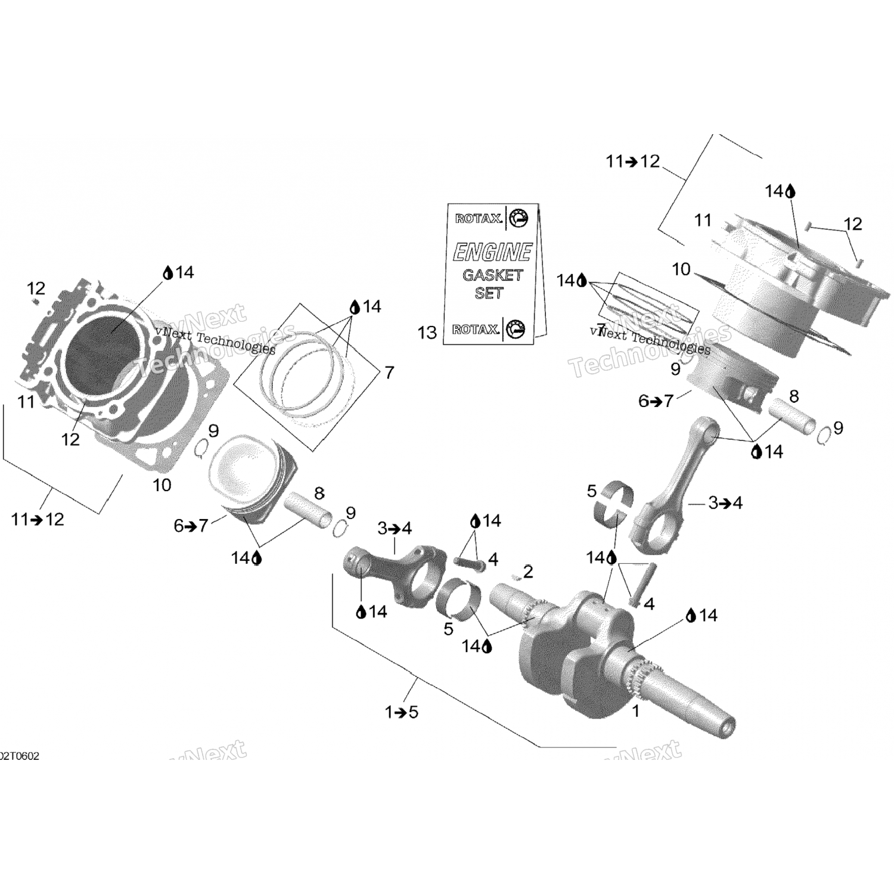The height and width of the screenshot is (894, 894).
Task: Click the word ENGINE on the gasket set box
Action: (492, 253)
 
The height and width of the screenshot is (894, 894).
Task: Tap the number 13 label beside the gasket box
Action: (427, 333)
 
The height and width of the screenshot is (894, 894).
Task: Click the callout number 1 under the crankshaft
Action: (635, 710)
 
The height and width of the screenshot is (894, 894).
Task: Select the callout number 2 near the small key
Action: (527, 572)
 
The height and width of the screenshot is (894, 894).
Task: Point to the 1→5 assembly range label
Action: (402, 712)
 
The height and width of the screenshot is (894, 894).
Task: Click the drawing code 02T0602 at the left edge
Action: (20, 756)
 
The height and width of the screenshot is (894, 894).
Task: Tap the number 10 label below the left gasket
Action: (162, 485)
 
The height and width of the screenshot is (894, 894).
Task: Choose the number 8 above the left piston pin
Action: (319, 493)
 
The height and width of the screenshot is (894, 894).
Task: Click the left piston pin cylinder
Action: (308, 510)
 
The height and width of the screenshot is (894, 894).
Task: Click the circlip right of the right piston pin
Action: (824, 437)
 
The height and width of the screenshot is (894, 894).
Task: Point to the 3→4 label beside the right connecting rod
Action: (725, 503)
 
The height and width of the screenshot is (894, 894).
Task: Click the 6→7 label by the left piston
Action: (191, 526)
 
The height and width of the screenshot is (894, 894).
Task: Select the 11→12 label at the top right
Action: (632, 161)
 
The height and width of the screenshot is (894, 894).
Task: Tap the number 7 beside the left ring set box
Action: (389, 372)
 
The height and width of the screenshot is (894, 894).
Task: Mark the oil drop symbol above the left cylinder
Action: (169, 273)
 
